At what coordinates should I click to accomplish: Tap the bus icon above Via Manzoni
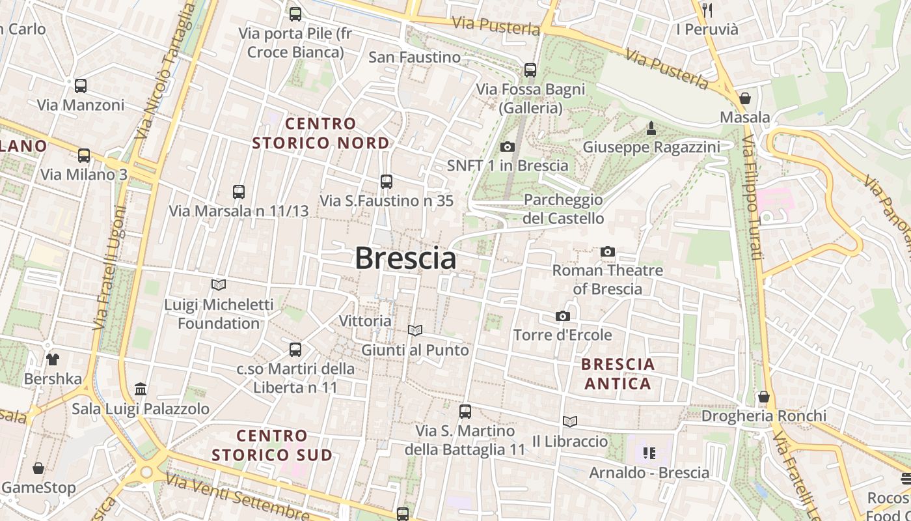81,85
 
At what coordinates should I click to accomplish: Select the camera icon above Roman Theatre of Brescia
608,251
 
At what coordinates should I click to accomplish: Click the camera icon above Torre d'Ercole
563,316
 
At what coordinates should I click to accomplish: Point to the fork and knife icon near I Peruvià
707,10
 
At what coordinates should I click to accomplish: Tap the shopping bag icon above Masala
745,98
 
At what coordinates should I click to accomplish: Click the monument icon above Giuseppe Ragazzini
651,128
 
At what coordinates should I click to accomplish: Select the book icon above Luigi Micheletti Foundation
219,285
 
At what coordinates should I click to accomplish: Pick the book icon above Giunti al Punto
415,331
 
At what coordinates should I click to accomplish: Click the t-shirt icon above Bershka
53,359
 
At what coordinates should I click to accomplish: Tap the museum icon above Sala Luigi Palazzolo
141,389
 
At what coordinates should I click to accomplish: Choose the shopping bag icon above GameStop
38,468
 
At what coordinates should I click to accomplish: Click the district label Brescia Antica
618,374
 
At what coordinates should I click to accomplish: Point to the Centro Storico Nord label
321,133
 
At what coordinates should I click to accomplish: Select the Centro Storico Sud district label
272,445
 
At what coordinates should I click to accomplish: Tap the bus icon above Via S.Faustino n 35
387,181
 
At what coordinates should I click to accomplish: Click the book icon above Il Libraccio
570,422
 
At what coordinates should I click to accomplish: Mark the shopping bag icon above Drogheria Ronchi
764,397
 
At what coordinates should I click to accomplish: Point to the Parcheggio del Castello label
564,209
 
